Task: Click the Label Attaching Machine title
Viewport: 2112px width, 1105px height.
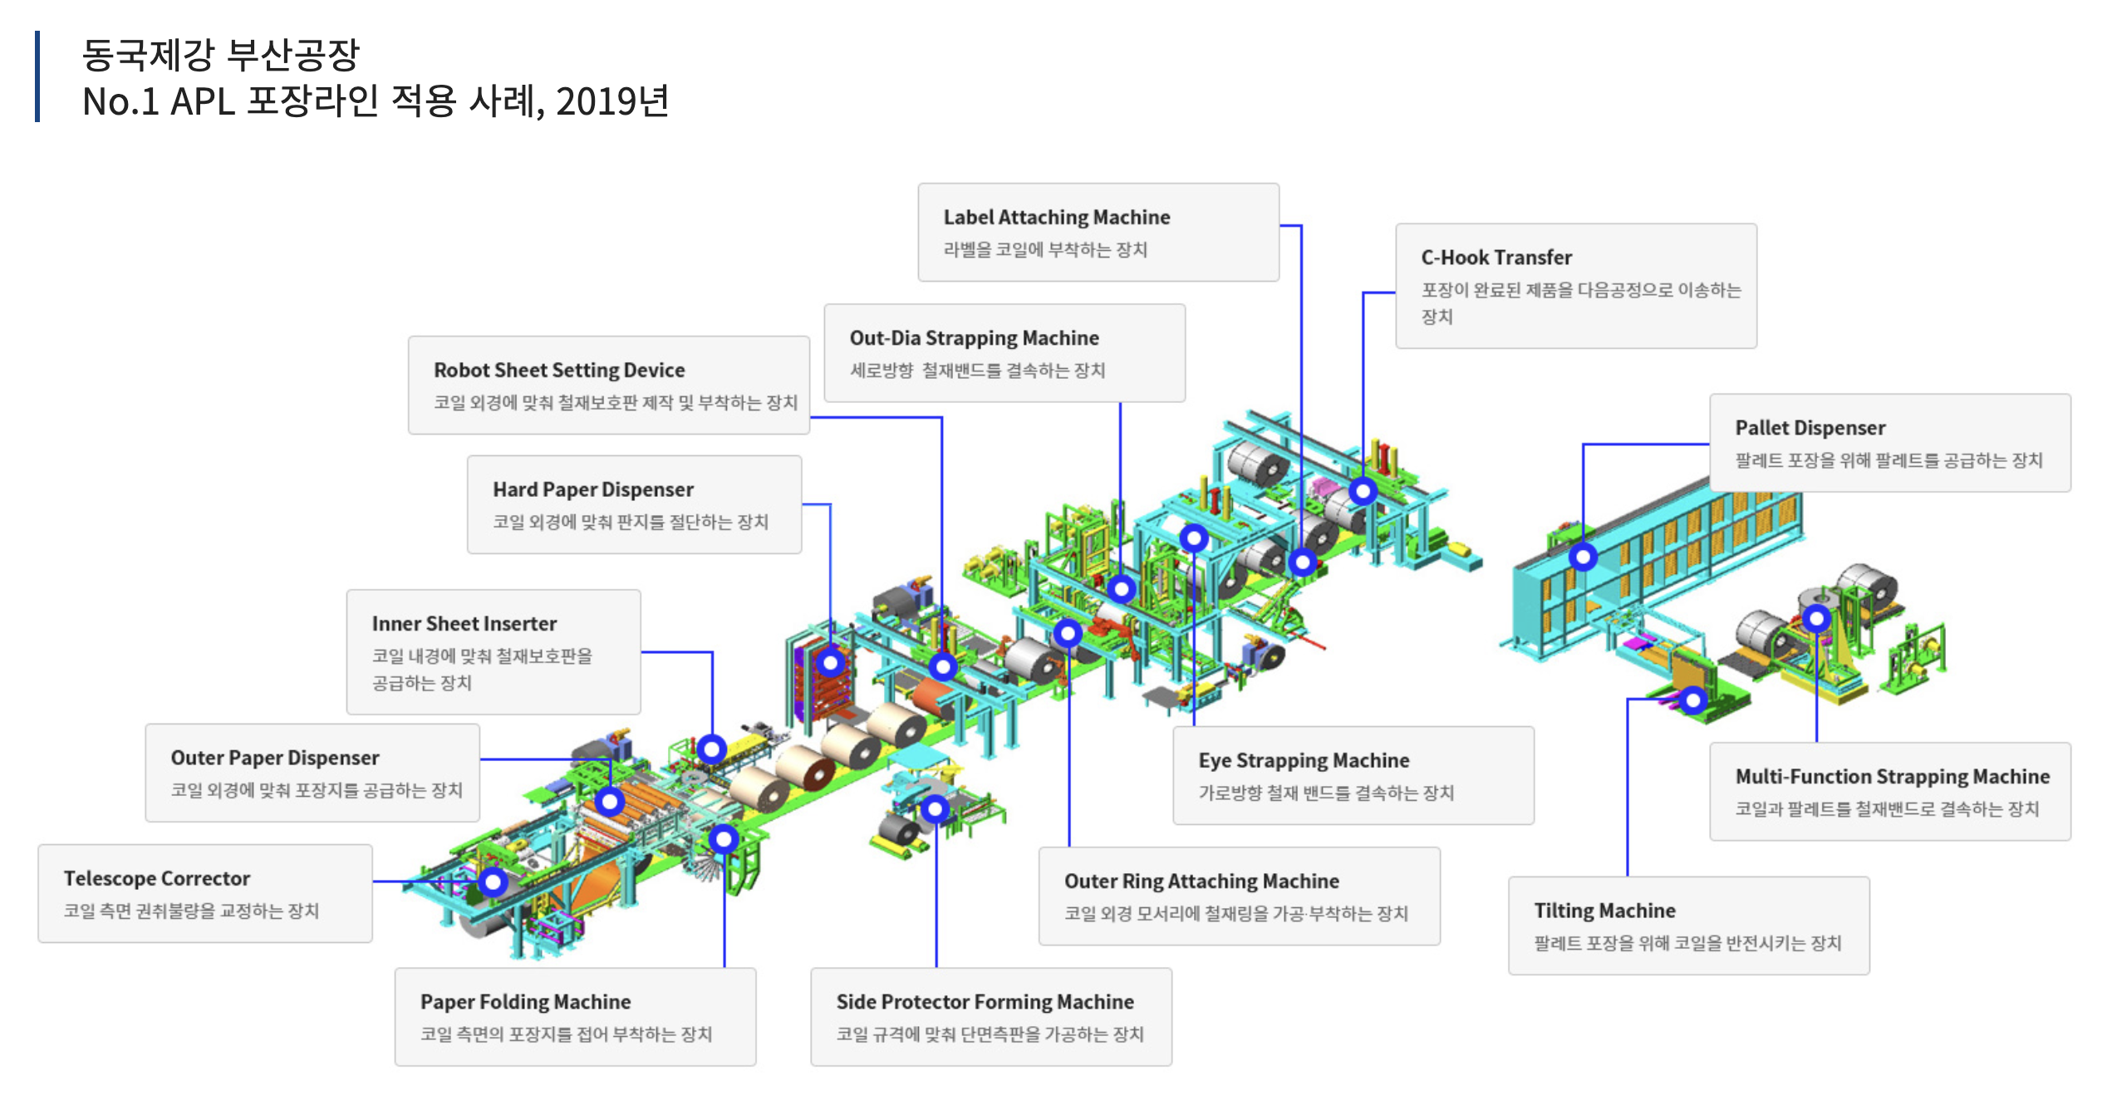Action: pyautogui.click(x=1056, y=218)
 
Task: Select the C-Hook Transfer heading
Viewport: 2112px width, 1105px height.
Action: pyautogui.click(x=1496, y=258)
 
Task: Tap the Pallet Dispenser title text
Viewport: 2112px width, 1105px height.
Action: pyautogui.click(x=1810, y=428)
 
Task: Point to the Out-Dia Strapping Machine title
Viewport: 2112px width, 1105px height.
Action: pyautogui.click(x=974, y=338)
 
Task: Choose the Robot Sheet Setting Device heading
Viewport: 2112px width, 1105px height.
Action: pyautogui.click(x=559, y=371)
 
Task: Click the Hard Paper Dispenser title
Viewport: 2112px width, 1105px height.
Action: pyautogui.click(x=592, y=490)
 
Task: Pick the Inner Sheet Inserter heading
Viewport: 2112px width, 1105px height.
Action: pyautogui.click(x=464, y=624)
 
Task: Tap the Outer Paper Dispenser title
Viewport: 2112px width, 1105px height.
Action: pyautogui.click(x=275, y=758)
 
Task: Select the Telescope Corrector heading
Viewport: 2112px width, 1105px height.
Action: pyautogui.click(x=156, y=879)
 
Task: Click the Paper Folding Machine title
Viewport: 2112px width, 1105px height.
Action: pyautogui.click(x=525, y=1002)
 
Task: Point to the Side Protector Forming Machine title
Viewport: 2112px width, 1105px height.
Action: pyautogui.click(x=985, y=1002)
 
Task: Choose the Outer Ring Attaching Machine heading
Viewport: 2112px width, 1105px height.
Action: pyautogui.click(x=1201, y=882)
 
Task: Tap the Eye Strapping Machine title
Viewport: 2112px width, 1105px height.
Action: pyautogui.click(x=1304, y=761)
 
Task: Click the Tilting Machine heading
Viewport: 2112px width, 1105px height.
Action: pyautogui.click(x=1604, y=911)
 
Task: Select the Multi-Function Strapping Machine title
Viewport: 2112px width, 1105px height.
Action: pyautogui.click(x=1892, y=777)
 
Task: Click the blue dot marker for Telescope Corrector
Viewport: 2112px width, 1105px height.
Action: pyautogui.click(x=493, y=882)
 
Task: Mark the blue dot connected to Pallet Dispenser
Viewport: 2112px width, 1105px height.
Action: pyautogui.click(x=1583, y=557)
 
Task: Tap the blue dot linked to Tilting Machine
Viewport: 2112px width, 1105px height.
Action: pyautogui.click(x=1692, y=700)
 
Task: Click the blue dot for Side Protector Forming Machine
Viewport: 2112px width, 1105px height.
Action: pyautogui.click(x=936, y=808)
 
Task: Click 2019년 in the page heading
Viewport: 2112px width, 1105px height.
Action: pyautogui.click(x=612, y=102)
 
